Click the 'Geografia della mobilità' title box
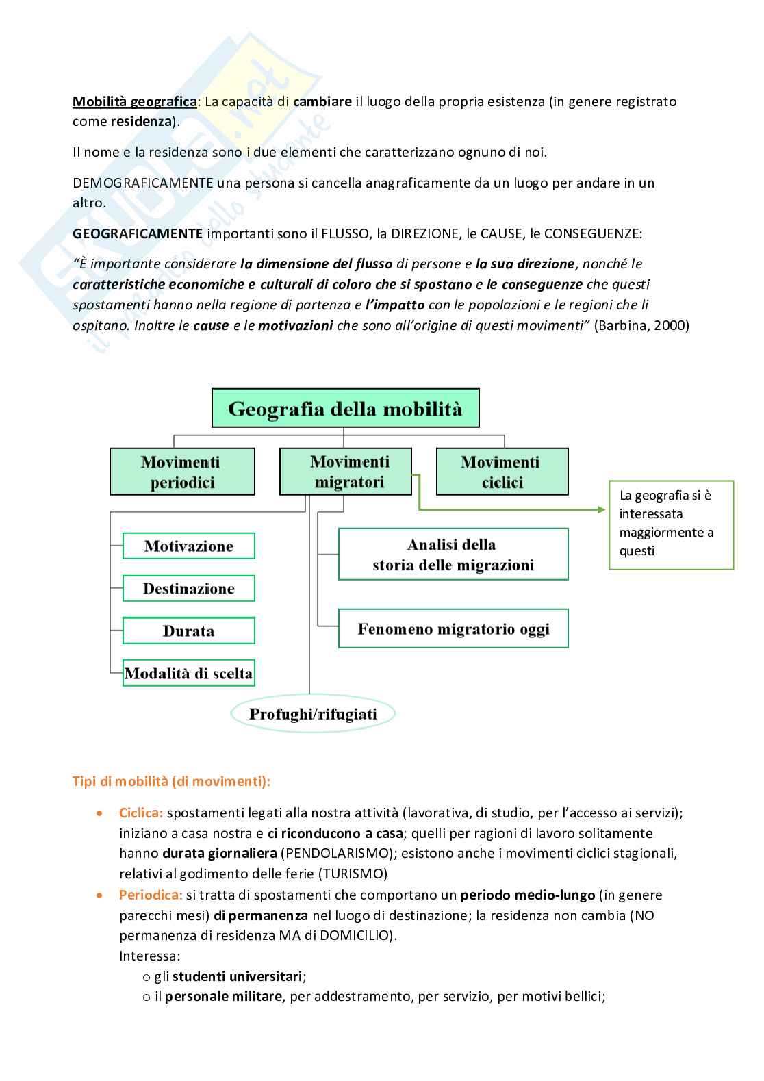click(x=345, y=409)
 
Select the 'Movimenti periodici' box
click(x=182, y=472)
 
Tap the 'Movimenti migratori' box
click(x=345, y=472)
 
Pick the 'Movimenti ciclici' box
click(x=502, y=472)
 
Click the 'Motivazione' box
click(x=188, y=546)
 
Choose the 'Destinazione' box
click(x=188, y=589)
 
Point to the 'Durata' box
click(x=188, y=631)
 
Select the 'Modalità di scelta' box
click(x=188, y=673)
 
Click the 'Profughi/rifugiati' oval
click(x=313, y=715)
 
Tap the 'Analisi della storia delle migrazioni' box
click(x=453, y=555)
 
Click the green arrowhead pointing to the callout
click(x=602, y=509)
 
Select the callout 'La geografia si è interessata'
click(x=671, y=524)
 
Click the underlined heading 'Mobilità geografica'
click(x=135, y=101)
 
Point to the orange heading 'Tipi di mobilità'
click(x=171, y=781)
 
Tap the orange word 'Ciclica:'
click(x=141, y=813)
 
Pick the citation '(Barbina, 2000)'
click(x=641, y=325)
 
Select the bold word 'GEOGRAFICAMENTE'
click(x=138, y=233)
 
